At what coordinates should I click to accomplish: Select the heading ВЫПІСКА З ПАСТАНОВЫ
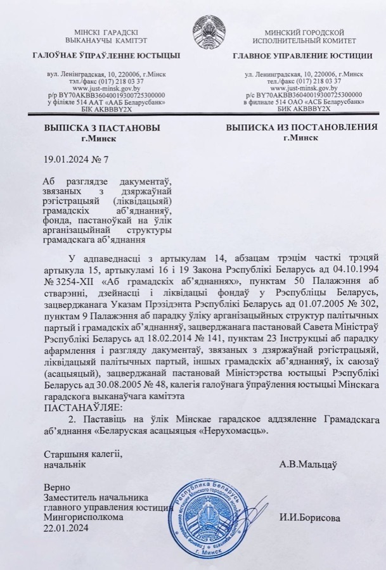click(101, 128)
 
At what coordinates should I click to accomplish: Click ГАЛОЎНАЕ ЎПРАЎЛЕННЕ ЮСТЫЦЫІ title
click(106, 56)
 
